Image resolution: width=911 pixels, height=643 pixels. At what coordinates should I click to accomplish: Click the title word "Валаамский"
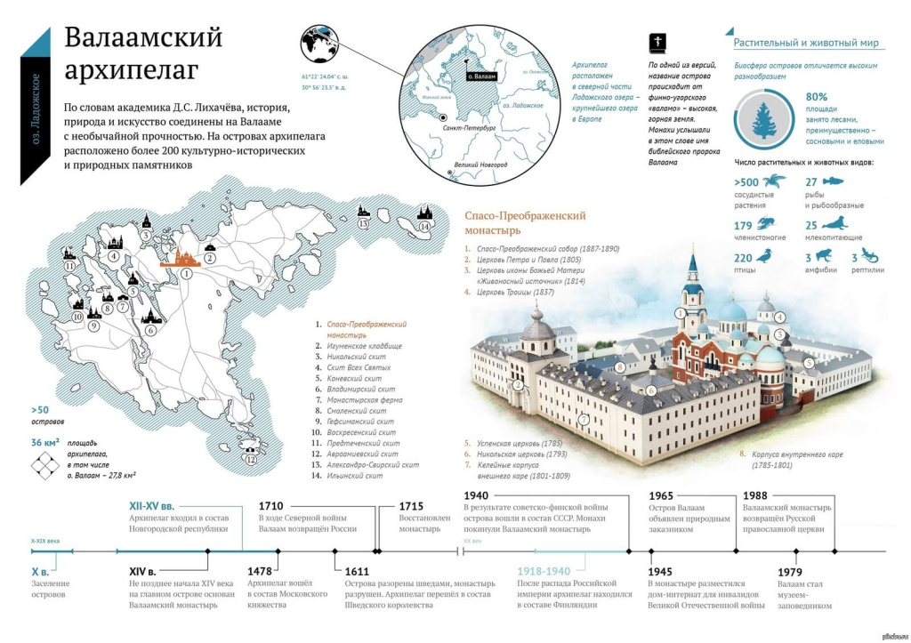tap(143, 38)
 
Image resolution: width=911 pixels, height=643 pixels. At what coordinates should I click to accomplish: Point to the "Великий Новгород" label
tap(480, 165)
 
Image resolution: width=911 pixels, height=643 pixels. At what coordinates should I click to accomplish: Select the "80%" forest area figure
tap(817, 97)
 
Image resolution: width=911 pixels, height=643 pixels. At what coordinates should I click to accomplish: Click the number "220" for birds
tap(743, 258)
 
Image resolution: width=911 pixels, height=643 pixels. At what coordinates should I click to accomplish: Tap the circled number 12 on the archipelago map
tap(251, 459)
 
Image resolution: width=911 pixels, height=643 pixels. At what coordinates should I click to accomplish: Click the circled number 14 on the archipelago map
tap(424, 227)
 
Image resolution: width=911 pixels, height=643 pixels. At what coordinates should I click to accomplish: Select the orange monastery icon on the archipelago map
tap(185, 257)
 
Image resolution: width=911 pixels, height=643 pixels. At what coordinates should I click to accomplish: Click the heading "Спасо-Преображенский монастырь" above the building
tap(525, 222)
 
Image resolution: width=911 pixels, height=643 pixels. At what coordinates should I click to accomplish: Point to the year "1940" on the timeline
tap(477, 495)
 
